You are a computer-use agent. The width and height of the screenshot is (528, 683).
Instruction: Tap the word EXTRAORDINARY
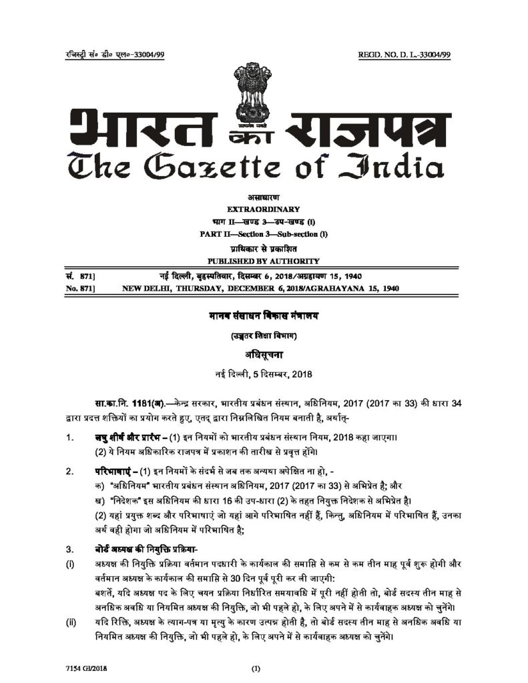(x=264, y=209)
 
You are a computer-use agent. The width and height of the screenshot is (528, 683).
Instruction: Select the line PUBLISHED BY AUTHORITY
(x=264, y=261)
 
